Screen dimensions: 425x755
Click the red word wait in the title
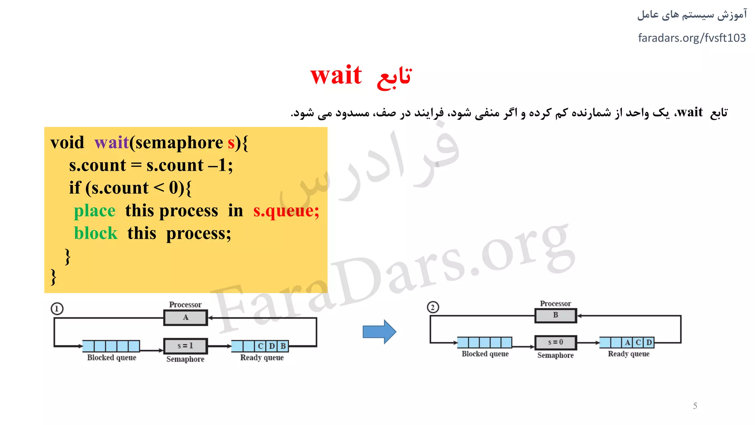point(336,76)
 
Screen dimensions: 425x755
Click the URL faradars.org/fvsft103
point(692,38)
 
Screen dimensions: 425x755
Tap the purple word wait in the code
point(111,143)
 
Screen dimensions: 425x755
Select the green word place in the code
point(95,211)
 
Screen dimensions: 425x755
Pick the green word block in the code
point(95,234)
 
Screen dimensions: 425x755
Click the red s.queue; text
point(286,211)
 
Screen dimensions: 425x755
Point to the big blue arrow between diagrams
point(379,331)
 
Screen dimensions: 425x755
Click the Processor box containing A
point(185,317)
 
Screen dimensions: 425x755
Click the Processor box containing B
point(556,315)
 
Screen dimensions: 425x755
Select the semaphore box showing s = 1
point(185,346)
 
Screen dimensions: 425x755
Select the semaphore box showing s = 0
point(556,342)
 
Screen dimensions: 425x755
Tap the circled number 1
point(57,308)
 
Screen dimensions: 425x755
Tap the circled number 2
point(433,307)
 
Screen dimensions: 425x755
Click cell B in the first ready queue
point(283,346)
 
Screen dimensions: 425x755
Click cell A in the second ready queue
point(627,342)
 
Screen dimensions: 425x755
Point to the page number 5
point(695,406)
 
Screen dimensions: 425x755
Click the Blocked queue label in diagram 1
point(112,357)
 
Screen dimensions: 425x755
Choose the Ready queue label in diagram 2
point(629,354)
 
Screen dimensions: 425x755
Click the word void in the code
point(67,143)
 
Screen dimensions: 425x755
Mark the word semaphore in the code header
point(179,143)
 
